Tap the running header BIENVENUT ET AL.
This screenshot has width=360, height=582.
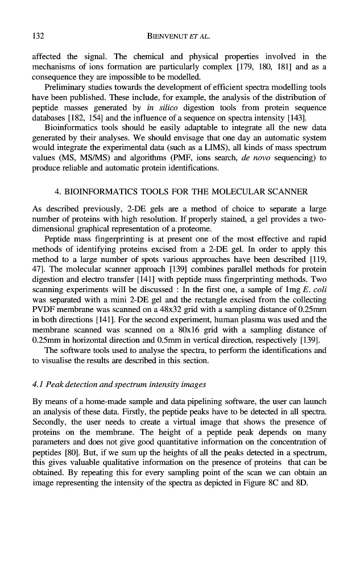click(179, 37)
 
